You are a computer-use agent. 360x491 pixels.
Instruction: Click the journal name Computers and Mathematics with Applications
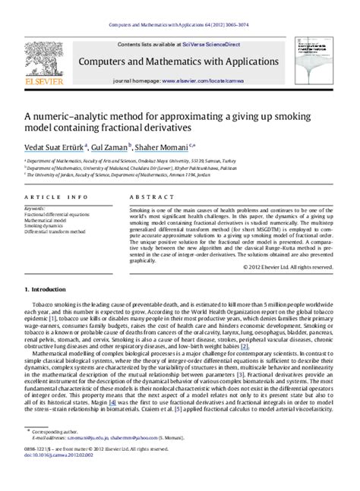180,61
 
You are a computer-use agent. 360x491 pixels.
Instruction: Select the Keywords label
36,207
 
